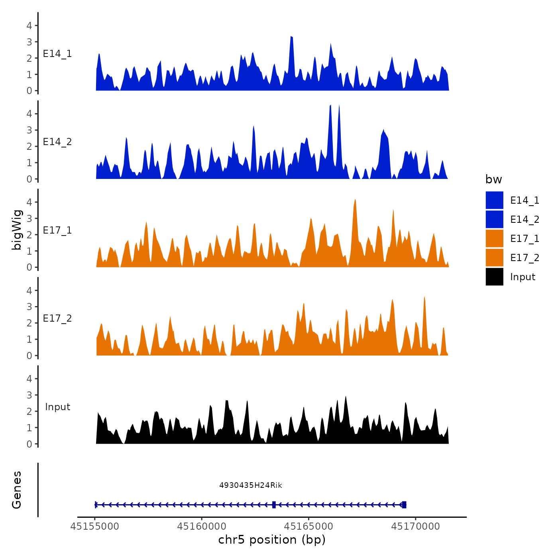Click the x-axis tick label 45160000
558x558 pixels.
tap(202, 527)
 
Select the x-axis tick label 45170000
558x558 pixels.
tap(416, 527)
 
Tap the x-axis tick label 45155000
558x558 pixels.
tap(95, 527)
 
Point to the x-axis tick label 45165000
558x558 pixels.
tap(309, 527)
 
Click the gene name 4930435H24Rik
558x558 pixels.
tap(251, 485)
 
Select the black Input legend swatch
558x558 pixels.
tap(494, 277)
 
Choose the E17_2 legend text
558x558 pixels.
tap(525, 258)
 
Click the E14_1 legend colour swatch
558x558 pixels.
tap(494, 200)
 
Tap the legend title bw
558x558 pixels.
tap(493, 179)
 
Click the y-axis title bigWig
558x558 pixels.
tap(17, 230)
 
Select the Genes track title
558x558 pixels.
tap(17, 490)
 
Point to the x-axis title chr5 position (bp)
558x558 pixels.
tap(272, 540)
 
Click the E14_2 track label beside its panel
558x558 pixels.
tap(57, 142)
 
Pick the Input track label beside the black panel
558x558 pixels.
tap(57, 407)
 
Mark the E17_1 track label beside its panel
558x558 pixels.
tap(57, 230)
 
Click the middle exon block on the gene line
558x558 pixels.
tap(274, 505)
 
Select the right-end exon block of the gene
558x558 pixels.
tap(404, 505)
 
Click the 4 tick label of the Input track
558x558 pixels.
tap(29, 379)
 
